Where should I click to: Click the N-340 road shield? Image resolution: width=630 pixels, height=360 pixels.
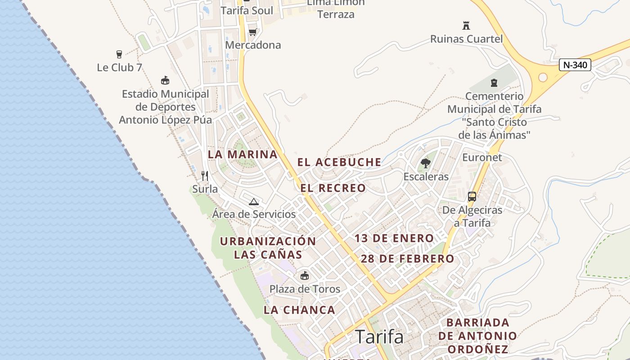(575, 65)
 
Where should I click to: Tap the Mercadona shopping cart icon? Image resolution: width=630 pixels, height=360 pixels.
(252, 32)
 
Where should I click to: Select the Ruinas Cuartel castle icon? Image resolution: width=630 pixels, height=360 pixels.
(466, 26)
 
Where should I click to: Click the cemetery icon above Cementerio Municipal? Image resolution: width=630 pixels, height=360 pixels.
(494, 83)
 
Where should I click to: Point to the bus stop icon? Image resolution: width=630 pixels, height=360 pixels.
(472, 197)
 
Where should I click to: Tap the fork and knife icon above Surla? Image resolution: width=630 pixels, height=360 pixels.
(205, 175)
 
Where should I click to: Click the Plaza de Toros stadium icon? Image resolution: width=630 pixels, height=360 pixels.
(305, 275)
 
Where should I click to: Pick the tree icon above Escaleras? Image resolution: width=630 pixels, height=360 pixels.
(425, 163)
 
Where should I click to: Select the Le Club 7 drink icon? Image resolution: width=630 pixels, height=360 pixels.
(119, 54)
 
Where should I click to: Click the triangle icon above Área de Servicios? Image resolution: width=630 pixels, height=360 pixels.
(254, 202)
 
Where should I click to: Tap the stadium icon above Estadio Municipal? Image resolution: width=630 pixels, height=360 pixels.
(165, 81)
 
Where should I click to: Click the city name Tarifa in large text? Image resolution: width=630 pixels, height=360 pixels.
(379, 337)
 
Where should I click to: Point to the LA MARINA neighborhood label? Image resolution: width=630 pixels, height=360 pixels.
(243, 154)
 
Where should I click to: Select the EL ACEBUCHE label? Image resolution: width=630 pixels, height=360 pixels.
(339, 162)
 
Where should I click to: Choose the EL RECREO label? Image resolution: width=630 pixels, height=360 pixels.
(333, 188)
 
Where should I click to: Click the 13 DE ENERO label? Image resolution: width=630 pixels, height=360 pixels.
(394, 238)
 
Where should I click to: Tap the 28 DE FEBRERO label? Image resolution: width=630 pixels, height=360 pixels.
(407, 259)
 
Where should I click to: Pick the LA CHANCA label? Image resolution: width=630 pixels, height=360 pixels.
(299, 310)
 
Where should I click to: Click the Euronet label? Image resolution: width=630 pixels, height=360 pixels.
(482, 157)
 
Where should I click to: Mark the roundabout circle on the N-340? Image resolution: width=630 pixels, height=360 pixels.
(543, 77)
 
